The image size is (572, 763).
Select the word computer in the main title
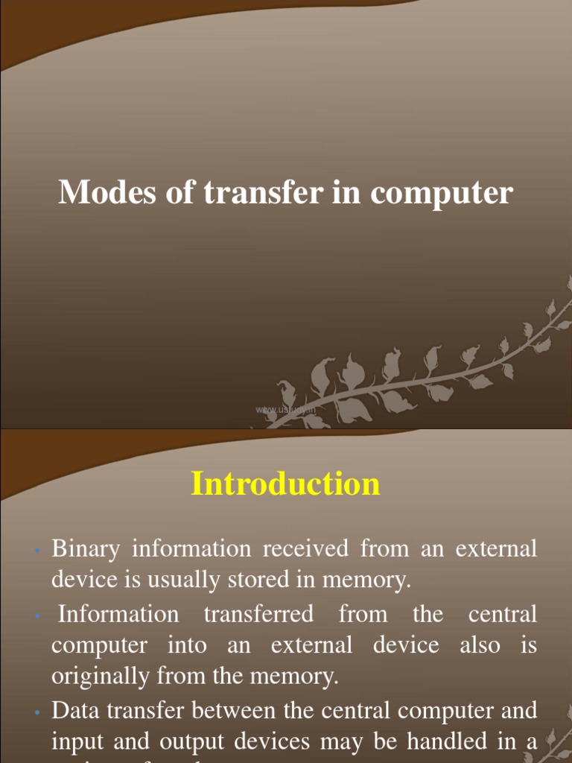click(x=442, y=193)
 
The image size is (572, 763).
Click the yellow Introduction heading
click(x=286, y=484)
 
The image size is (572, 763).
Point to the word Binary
click(x=85, y=549)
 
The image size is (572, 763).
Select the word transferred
click(x=258, y=615)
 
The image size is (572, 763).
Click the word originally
click(x=95, y=677)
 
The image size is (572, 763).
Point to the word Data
click(x=74, y=710)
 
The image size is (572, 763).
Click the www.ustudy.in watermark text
click(x=285, y=409)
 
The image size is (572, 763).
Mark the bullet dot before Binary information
click(x=36, y=551)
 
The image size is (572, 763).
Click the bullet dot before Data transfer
click(x=36, y=712)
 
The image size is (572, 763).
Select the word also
click(x=480, y=645)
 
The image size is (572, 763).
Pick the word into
click(x=187, y=645)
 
